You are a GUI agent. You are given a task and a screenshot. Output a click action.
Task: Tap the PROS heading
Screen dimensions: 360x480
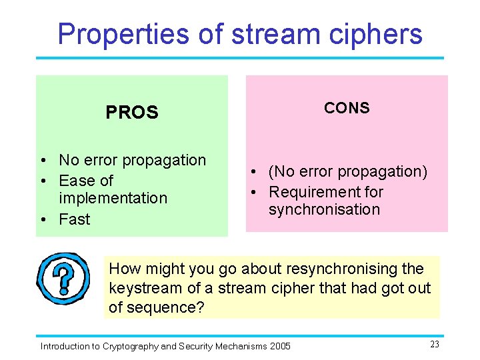point(132,113)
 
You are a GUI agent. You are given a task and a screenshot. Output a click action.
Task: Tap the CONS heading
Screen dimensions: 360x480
point(347,108)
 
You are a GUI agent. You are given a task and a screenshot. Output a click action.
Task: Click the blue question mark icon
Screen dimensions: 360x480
point(63,278)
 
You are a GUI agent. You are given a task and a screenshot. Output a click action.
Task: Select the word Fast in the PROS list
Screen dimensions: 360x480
point(74,219)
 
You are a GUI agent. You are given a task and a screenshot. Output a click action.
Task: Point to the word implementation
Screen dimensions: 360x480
point(113,199)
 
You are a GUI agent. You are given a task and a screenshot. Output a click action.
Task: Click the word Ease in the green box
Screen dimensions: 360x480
point(77,181)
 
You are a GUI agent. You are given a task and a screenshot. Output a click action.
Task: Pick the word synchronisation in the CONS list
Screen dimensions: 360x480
point(324,209)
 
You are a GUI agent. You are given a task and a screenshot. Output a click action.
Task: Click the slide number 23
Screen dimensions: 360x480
point(434,345)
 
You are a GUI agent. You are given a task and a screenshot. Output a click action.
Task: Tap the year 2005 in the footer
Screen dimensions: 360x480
point(279,346)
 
